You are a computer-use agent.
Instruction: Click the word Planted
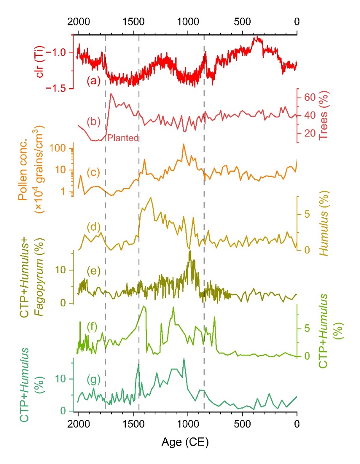pyautogui.click(x=123, y=137)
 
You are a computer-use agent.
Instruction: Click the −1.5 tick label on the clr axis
pyautogui.click(x=59, y=89)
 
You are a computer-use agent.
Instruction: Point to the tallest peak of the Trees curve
pyautogui.click(x=112, y=94)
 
